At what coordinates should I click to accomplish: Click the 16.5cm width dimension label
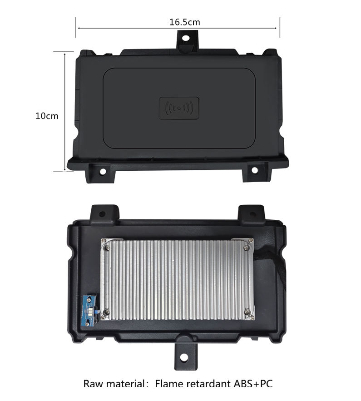(x=185, y=22)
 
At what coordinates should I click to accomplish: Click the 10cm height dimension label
(x=47, y=116)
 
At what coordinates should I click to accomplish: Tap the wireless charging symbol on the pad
(x=179, y=108)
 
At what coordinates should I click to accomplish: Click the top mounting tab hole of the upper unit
(x=186, y=38)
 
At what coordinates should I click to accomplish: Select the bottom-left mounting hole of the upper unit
(x=103, y=171)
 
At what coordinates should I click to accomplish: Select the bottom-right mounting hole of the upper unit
(x=254, y=170)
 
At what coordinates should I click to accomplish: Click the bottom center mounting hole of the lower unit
(x=184, y=357)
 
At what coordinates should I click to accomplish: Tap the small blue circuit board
(x=88, y=311)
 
